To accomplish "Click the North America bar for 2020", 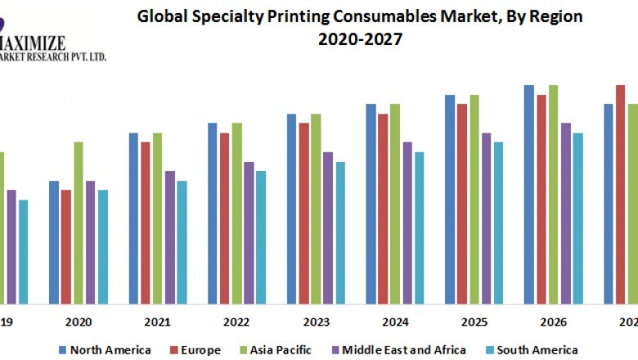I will point(54,241).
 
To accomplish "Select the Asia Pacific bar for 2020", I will point(79,222).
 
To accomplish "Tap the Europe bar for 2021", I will point(145,222).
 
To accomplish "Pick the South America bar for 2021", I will point(182,241).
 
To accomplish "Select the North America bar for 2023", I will point(291,208).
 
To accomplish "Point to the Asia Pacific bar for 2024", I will point(395,203).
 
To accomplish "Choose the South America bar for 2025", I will point(498,222).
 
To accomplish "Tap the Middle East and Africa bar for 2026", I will point(565,213).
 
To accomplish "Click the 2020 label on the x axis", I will point(79,322).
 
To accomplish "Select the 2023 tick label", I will point(316,322).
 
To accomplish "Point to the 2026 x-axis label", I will point(553,322).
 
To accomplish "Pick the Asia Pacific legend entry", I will point(275,350).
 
